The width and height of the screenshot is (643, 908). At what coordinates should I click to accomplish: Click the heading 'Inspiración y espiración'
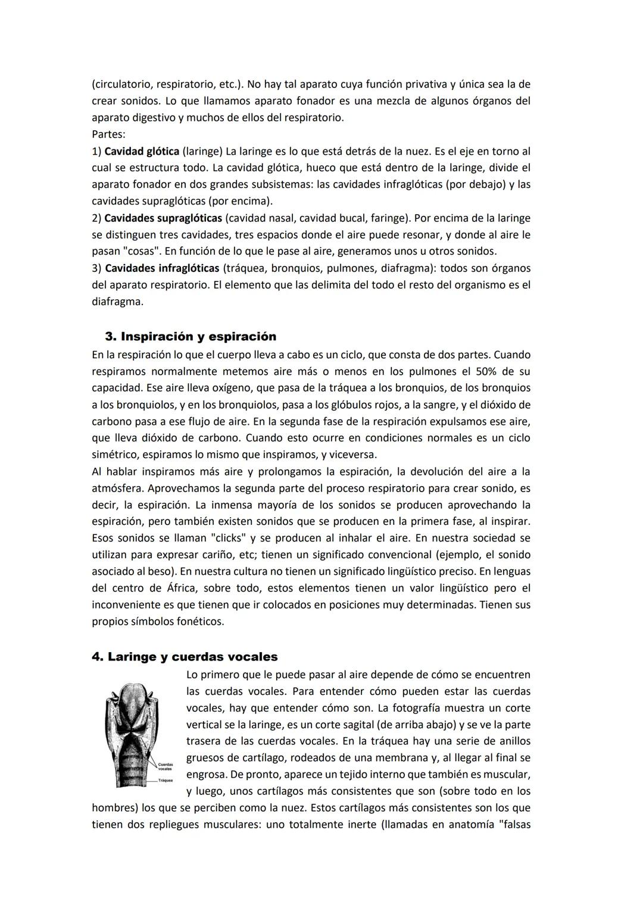(x=198, y=337)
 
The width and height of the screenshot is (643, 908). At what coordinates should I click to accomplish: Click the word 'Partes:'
(x=108, y=134)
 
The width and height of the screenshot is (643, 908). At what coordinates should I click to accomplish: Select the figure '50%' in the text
(x=489, y=372)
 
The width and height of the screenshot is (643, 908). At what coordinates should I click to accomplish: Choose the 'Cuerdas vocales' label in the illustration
(x=165, y=766)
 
